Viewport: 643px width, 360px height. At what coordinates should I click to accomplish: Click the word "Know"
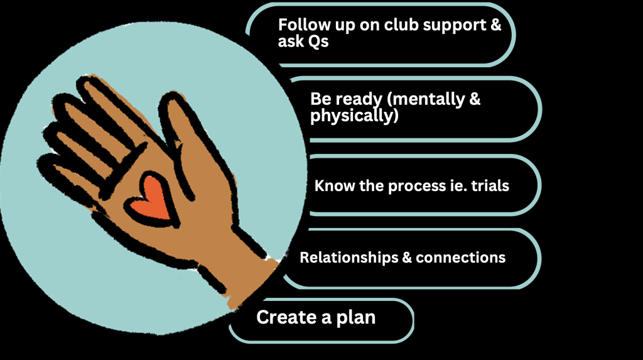pos(333,186)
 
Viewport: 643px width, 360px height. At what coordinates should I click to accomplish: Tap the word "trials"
pos(487,186)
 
